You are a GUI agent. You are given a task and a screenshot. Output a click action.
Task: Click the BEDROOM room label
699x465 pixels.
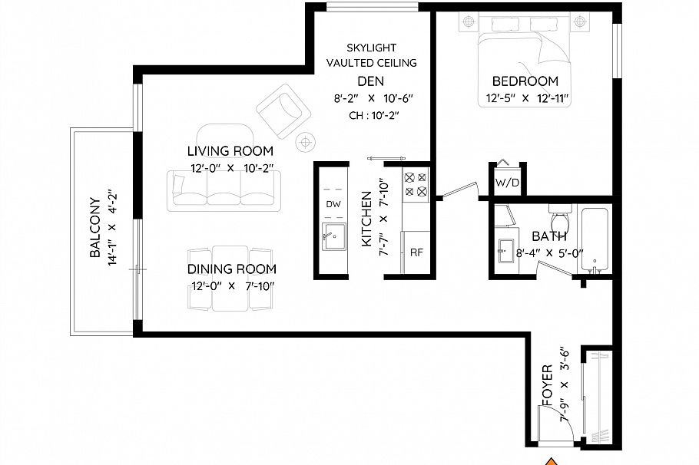[x=525, y=81]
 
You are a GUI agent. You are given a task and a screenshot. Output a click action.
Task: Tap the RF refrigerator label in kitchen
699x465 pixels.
[x=416, y=252]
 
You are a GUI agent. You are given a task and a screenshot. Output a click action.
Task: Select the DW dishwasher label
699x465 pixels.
[x=333, y=204]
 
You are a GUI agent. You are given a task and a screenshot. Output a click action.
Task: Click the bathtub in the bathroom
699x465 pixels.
[x=595, y=239]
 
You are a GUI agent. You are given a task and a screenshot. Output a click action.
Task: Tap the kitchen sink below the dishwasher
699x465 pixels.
[x=333, y=239]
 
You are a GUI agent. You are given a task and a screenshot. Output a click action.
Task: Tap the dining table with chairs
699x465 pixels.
[x=230, y=278]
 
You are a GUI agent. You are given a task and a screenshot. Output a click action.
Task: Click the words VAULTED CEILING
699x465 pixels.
[x=372, y=63]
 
